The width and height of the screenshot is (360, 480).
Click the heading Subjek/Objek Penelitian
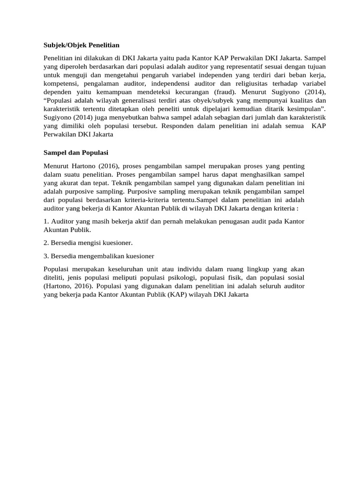(82, 45)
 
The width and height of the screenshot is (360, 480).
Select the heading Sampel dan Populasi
(76, 153)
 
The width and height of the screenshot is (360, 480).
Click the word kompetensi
(61, 83)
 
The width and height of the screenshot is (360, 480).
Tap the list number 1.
(46, 221)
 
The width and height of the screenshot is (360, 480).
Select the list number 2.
(46, 243)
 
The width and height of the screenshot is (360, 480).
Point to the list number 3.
(46, 256)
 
